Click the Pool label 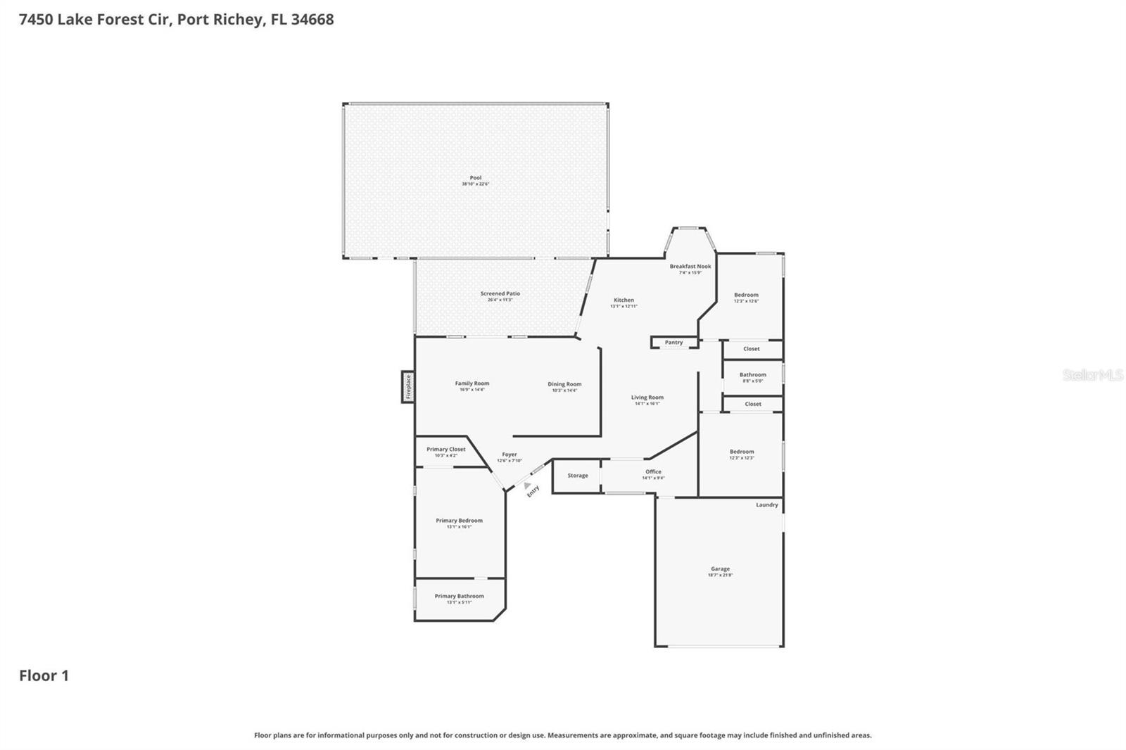(476, 178)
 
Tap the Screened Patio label (500, 293)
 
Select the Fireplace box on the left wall (407, 386)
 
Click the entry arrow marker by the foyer (527, 485)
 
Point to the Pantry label (673, 343)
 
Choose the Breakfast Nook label (690, 267)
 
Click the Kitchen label (624, 300)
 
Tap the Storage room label (577, 476)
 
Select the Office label (653, 472)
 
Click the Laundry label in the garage (766, 504)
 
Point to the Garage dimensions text (720, 575)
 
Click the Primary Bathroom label (459, 596)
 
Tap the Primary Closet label (445, 449)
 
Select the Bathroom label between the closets (752, 375)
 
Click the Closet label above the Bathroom (751, 349)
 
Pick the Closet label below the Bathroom (752, 404)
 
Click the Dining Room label (564, 384)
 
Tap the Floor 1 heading (44, 675)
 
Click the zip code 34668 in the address (312, 19)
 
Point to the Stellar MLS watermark (1092, 375)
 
